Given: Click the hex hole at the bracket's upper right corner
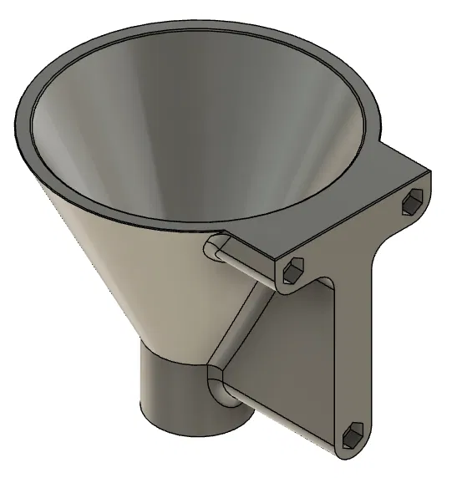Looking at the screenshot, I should point(414,201).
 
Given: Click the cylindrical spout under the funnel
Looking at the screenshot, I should point(171,393).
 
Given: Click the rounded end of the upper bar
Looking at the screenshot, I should point(214,247).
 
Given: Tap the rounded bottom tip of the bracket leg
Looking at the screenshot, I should point(347,451).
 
